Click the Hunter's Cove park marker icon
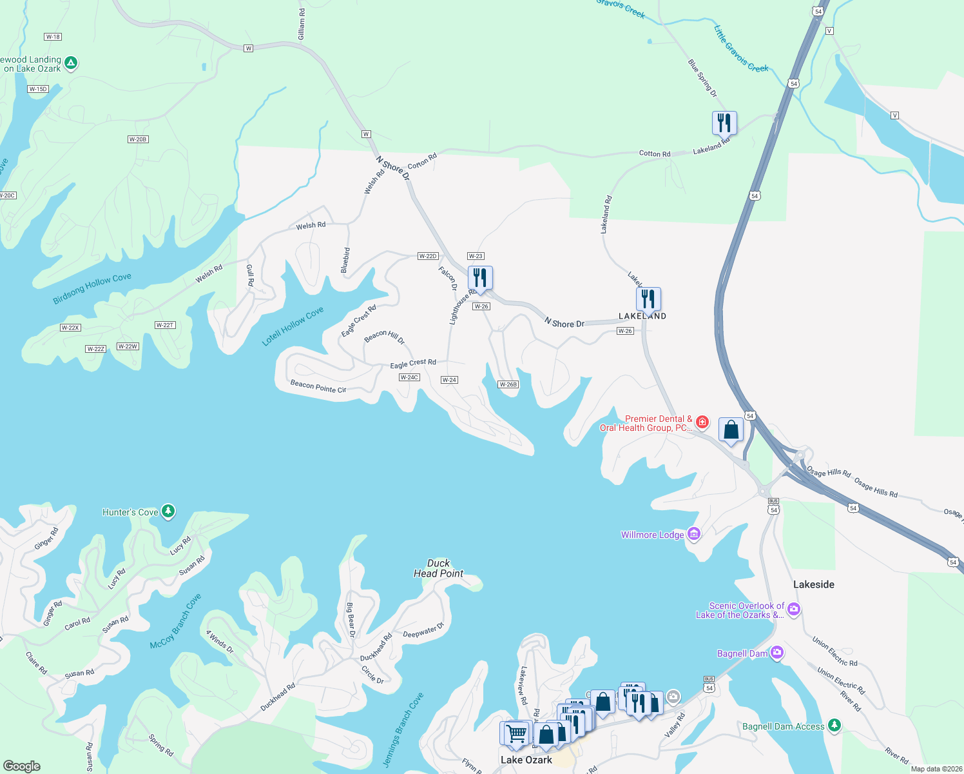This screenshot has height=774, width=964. tap(168, 511)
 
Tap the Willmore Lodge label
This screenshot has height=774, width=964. tap(652, 535)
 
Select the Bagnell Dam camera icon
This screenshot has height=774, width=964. tap(777, 653)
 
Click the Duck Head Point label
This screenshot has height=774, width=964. tap(439, 568)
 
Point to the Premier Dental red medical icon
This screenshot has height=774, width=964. tap(702, 422)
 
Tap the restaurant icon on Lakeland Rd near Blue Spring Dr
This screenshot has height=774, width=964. tap(724, 122)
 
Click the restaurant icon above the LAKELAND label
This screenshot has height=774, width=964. tap(648, 299)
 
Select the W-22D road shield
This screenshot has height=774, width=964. tap(428, 256)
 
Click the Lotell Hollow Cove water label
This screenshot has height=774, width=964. tap(293, 326)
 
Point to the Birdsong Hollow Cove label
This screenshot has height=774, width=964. tap(92, 288)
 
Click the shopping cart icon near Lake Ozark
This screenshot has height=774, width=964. tap(516, 733)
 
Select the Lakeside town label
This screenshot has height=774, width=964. tap(814, 584)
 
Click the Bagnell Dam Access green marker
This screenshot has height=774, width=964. tap(834, 726)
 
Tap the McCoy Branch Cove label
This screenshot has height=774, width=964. tap(175, 621)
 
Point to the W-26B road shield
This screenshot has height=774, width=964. tap(508, 384)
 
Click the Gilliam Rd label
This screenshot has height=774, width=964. tap(302, 25)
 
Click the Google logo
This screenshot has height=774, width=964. tap(22, 766)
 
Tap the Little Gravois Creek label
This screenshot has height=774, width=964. tap(741, 49)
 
